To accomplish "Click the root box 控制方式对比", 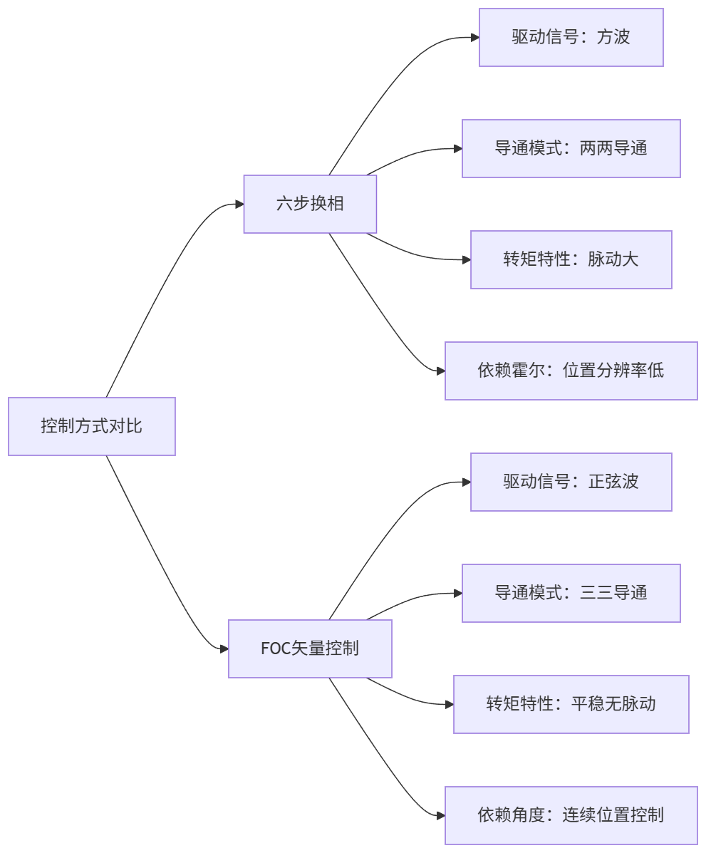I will point(91,426).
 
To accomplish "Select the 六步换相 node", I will point(310,204).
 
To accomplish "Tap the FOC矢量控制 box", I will point(310,648).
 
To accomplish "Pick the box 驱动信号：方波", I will point(571,37).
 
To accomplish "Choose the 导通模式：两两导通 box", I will point(571,148).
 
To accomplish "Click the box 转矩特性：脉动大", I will point(571,259).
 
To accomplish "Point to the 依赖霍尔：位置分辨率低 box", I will point(571,371).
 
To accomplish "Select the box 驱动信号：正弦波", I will point(571,482).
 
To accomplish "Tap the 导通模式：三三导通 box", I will point(571,593).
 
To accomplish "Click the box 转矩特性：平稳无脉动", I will point(571,704).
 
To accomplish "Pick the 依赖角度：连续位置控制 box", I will point(571,815).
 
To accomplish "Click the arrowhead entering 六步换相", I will point(239,205).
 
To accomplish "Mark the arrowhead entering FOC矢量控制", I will point(224,648).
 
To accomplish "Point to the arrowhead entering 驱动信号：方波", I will point(474,37).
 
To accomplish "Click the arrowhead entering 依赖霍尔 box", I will point(440,371).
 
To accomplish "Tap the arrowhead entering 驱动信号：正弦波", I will point(466,482).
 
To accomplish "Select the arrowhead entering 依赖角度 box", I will point(440,815).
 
